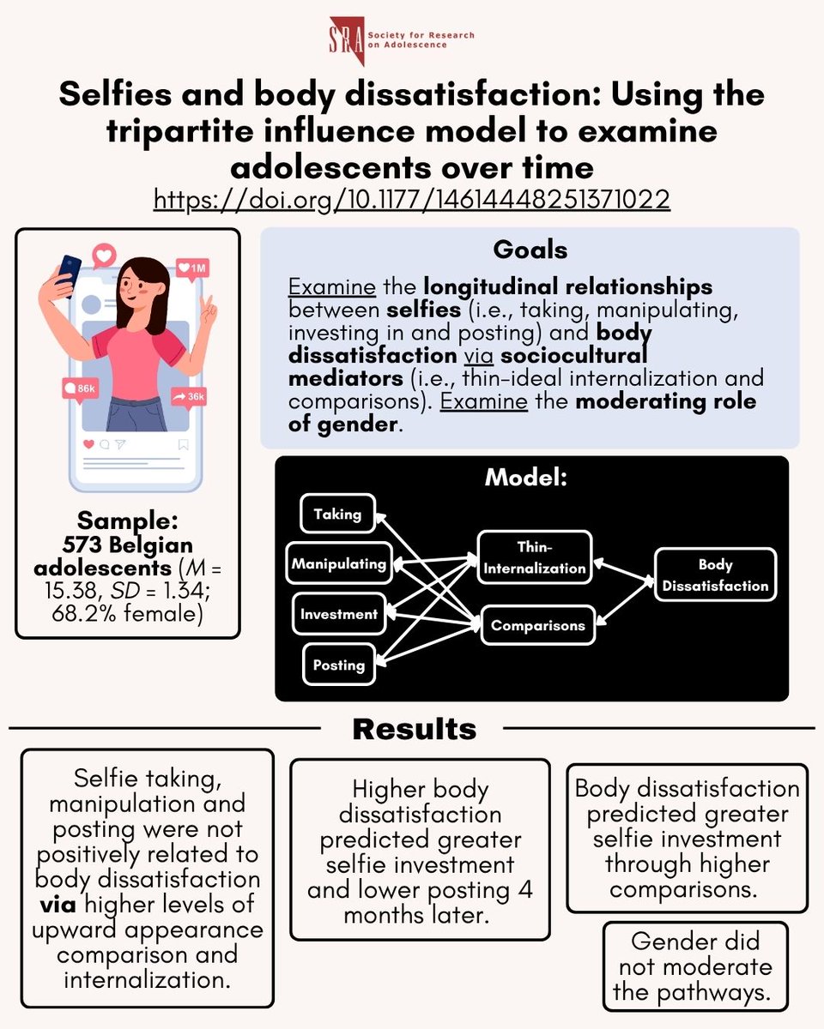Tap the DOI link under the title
(412, 199)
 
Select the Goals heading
(530, 250)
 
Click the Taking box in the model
(337, 514)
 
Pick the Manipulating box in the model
(337, 563)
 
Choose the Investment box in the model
(338, 614)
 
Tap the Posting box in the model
(338, 665)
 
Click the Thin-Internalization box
(534, 557)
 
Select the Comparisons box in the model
(537, 626)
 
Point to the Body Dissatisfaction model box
(715, 575)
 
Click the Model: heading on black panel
(526, 477)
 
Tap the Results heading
(414, 729)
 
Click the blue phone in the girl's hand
(70, 272)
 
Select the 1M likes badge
(192, 269)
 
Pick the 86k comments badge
(79, 388)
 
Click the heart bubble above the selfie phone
(105, 254)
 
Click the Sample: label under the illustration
(127, 521)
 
